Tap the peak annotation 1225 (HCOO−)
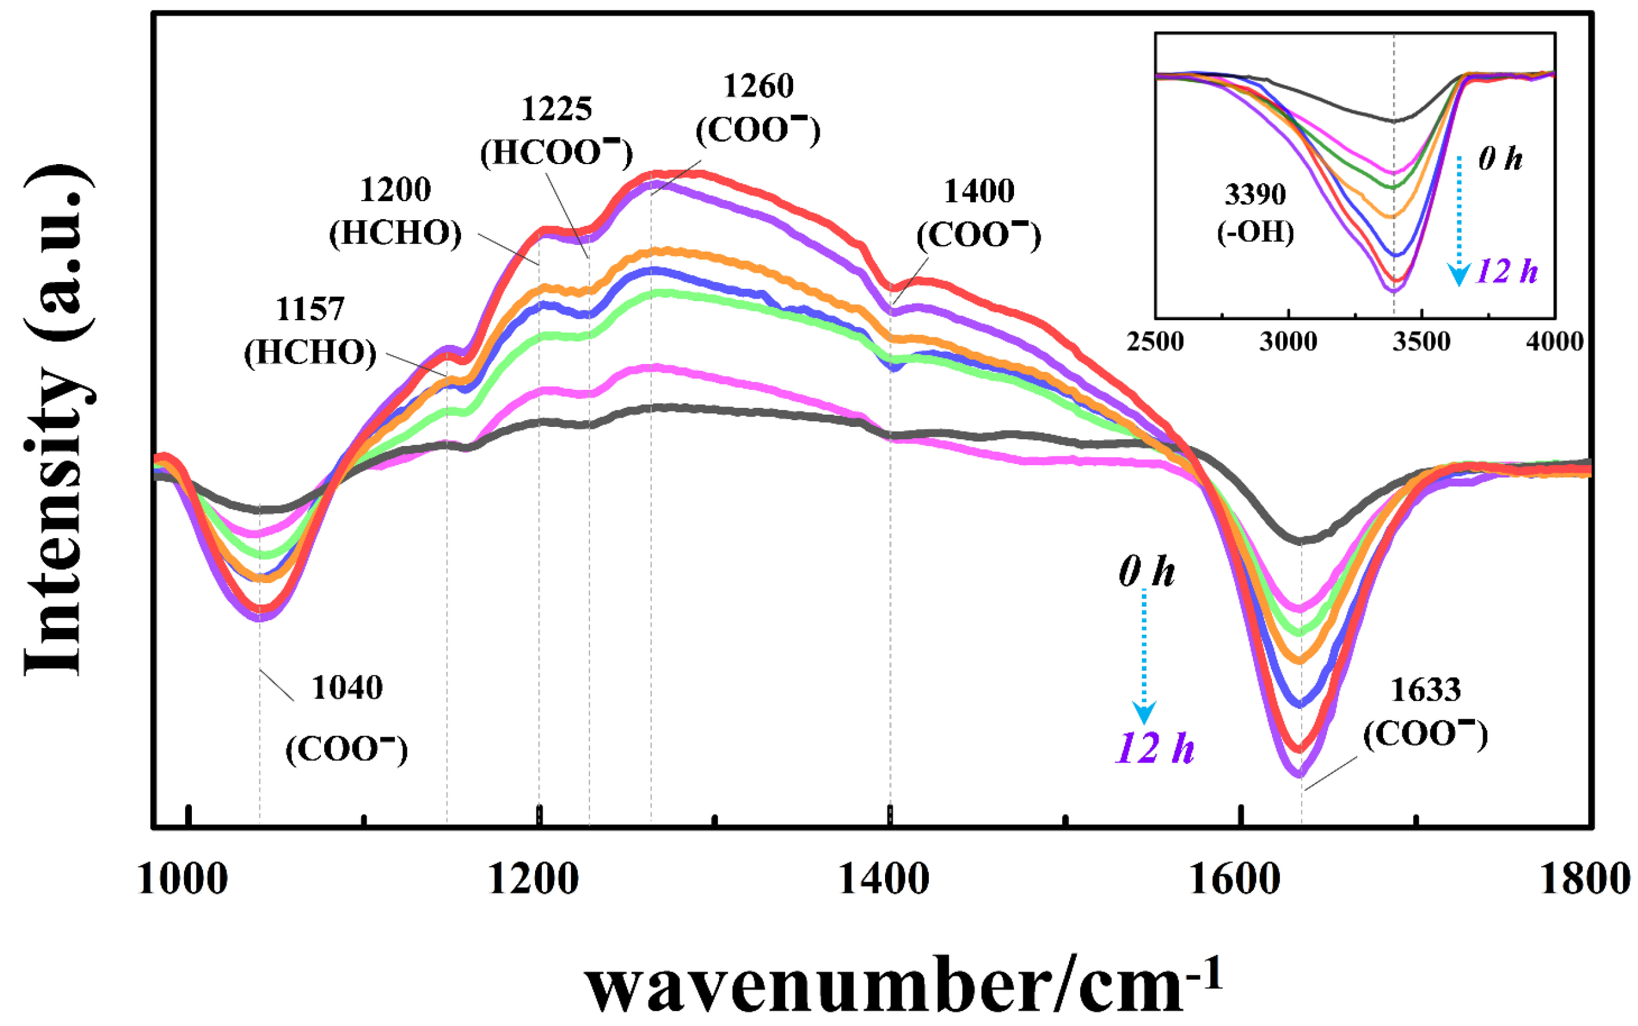(x=556, y=131)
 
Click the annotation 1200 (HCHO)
(x=395, y=211)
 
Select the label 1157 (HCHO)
(x=310, y=331)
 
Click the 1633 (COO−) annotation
(x=1426, y=713)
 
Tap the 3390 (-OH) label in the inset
(x=1255, y=213)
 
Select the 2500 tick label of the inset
(x=1155, y=341)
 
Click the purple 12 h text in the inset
(x=1507, y=271)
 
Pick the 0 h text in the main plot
(x=1147, y=571)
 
